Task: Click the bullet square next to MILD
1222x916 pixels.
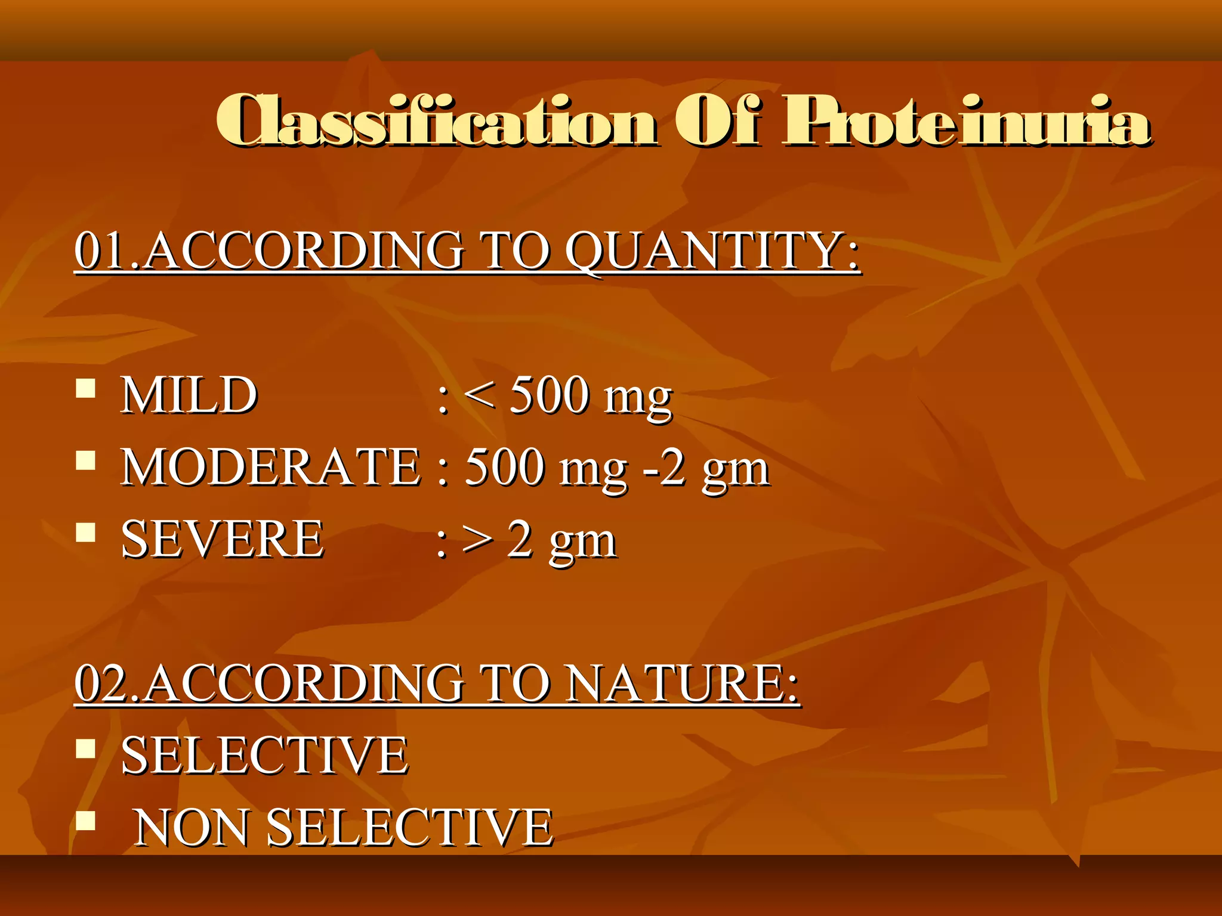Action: pos(86,388)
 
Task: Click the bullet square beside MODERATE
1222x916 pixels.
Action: pos(86,460)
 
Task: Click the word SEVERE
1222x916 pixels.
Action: pos(223,539)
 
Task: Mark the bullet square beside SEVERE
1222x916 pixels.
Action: pos(86,532)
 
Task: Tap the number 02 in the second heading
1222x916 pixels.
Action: pos(101,683)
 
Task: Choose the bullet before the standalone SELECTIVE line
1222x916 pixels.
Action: pos(86,748)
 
